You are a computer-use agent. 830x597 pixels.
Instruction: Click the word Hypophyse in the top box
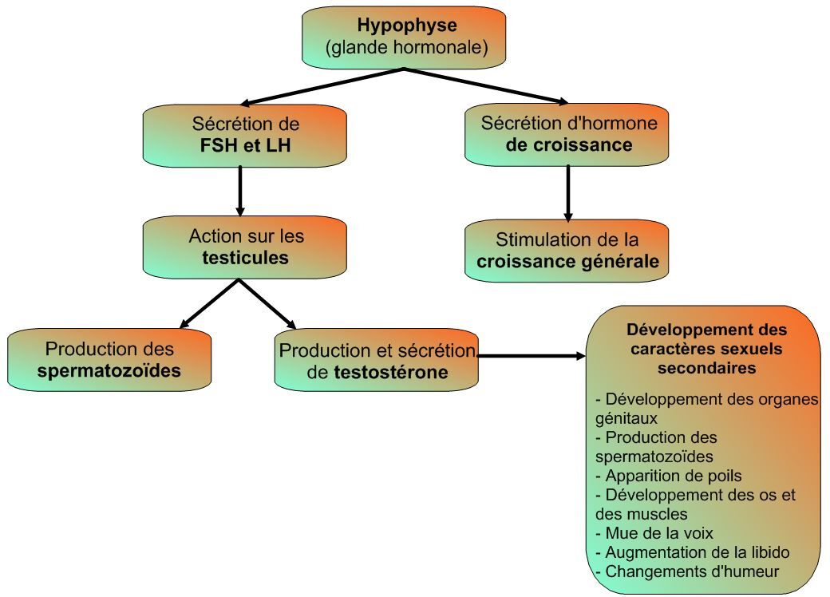pyautogui.click(x=406, y=26)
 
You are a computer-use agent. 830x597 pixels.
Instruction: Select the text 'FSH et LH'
pyautogui.click(x=246, y=145)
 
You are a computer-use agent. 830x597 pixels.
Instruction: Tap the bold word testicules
pyautogui.click(x=246, y=258)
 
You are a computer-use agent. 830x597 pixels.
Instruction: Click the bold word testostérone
pyautogui.click(x=390, y=372)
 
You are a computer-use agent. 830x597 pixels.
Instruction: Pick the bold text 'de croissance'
pyautogui.click(x=569, y=145)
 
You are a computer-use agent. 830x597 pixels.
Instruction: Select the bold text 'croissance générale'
pyautogui.click(x=568, y=261)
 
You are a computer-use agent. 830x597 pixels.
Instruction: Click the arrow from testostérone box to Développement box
pyautogui.click(x=532, y=357)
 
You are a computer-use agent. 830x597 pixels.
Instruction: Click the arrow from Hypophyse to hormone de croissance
pyautogui.click(x=487, y=86)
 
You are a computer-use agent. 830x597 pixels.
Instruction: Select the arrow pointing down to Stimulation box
pyautogui.click(x=568, y=192)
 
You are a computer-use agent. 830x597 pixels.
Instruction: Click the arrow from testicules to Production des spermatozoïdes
pyautogui.click(x=209, y=303)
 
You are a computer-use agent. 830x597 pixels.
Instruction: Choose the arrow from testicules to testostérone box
pyautogui.click(x=268, y=304)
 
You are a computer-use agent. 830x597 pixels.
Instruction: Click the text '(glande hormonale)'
pyautogui.click(x=406, y=48)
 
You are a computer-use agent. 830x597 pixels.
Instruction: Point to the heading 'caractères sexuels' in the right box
pyautogui.click(x=706, y=349)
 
